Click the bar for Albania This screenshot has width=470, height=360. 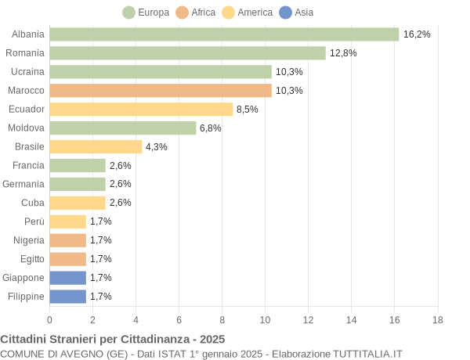coord(224,34)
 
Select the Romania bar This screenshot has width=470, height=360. coord(187,53)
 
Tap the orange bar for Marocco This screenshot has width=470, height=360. coord(161,91)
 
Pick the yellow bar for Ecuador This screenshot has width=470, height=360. coord(141,110)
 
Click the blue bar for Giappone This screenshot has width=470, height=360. coord(67,278)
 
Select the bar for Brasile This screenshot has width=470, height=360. coord(96,147)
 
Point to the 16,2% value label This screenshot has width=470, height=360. coord(417,34)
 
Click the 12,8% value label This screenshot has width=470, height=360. coord(343,53)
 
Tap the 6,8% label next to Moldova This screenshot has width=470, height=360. coord(211,128)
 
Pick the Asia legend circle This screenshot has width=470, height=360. coord(286,13)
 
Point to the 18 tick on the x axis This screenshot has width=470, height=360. coord(438,319)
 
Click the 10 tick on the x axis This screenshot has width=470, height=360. coord(266,319)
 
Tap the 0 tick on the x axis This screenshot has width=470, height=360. coord(49,319)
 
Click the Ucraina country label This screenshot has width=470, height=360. coord(27,72)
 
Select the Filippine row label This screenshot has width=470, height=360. coord(26,297)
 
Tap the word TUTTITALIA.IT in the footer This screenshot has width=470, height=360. coord(367,354)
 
